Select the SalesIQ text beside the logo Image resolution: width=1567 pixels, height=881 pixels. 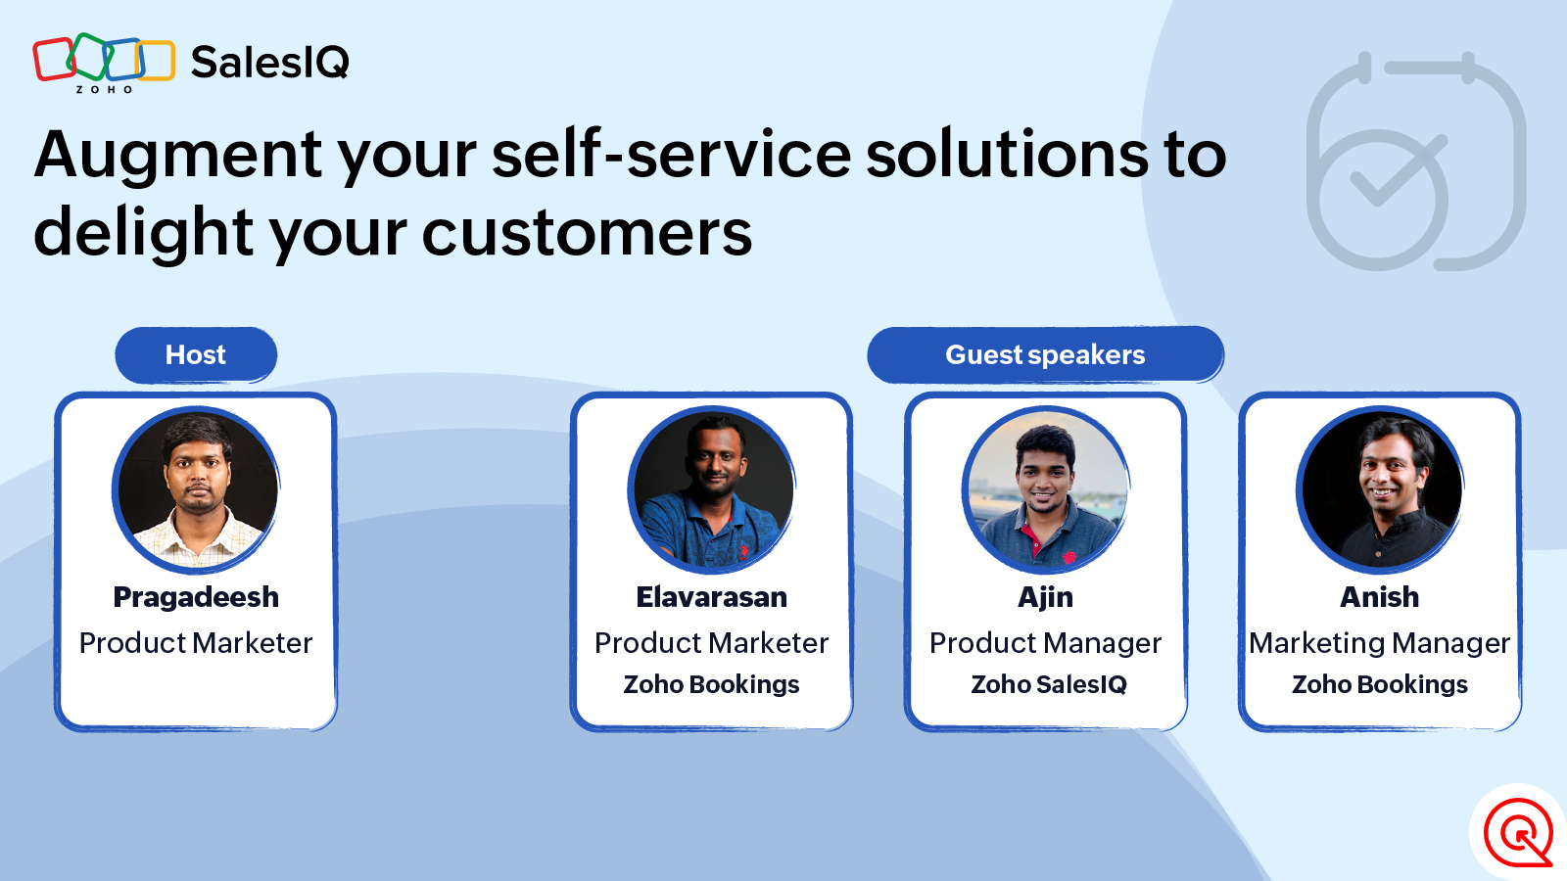[270, 63]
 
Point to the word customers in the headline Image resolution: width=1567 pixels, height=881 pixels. [587, 233]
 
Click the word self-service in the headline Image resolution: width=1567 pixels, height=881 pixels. [672, 155]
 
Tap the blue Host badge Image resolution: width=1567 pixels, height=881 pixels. [196, 354]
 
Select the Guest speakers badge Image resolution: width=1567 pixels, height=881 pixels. [1045, 354]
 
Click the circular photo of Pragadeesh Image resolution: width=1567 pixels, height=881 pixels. [196, 488]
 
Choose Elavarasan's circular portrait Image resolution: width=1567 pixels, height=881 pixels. [711, 488]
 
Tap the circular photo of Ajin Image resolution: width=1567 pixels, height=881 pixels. [1045, 488]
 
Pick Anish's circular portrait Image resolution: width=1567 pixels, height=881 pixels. [1380, 488]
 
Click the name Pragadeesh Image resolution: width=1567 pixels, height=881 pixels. [196, 598]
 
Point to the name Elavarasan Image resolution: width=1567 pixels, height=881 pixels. [711, 597]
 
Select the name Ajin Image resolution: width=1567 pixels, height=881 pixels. [1045, 598]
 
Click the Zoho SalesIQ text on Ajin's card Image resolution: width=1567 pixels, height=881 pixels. [1049, 684]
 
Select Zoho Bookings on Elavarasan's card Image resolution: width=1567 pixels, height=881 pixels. [711, 684]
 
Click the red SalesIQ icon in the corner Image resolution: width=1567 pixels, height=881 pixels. [1518, 832]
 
